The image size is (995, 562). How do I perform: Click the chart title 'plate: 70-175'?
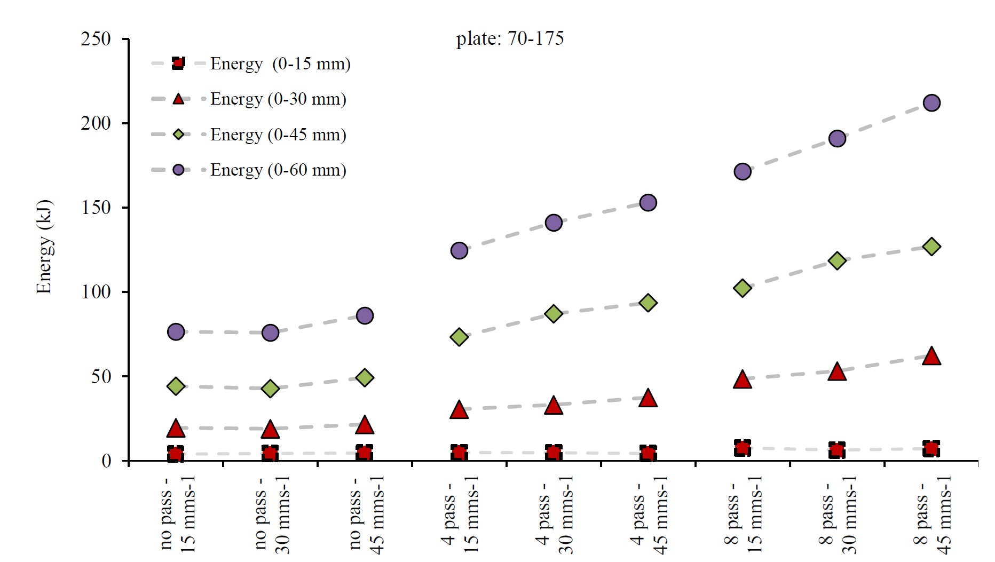(x=509, y=38)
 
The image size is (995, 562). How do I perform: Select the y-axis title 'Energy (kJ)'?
(x=44, y=247)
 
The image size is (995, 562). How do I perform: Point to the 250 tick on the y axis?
(x=96, y=39)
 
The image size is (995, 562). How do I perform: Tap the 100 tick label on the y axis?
(x=96, y=292)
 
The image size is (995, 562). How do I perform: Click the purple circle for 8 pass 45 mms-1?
(x=931, y=103)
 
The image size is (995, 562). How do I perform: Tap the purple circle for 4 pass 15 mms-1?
(x=459, y=250)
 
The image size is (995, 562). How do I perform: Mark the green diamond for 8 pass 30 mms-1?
(x=837, y=261)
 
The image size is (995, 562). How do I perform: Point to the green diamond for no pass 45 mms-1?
(x=365, y=378)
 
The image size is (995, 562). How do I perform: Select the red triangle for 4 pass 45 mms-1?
(x=648, y=398)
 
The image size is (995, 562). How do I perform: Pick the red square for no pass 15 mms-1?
(x=176, y=454)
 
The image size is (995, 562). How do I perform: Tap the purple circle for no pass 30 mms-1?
(x=270, y=333)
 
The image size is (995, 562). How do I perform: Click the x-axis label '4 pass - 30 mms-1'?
(x=554, y=515)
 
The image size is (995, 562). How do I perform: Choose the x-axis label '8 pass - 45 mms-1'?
(x=931, y=515)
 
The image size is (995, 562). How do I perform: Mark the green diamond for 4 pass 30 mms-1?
(x=554, y=313)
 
